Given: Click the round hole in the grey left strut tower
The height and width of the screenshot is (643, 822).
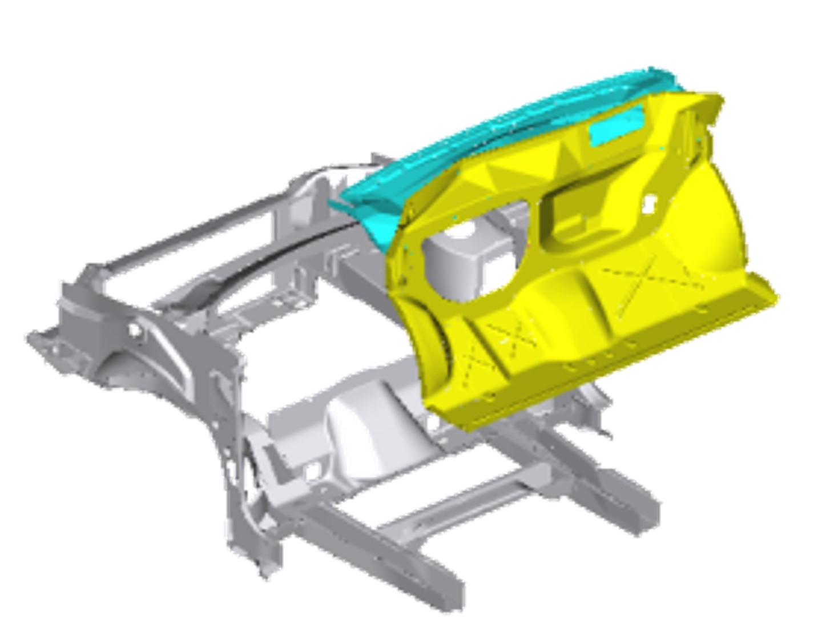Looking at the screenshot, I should click(x=135, y=329).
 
